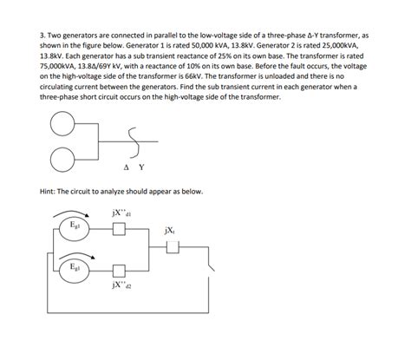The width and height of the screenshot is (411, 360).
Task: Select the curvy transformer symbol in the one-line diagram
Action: (x=132, y=140)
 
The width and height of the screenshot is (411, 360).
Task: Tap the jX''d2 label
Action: (x=121, y=284)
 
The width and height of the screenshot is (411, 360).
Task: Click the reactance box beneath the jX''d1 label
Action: (x=121, y=228)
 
